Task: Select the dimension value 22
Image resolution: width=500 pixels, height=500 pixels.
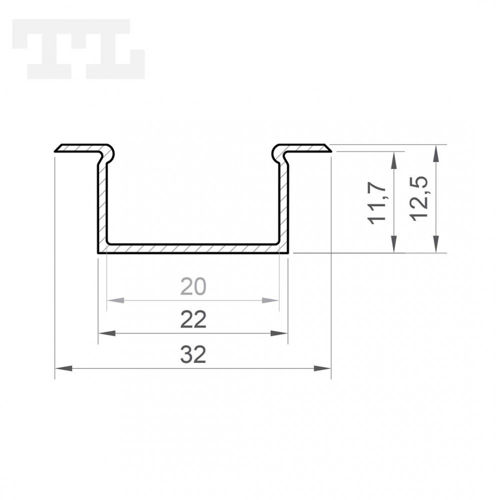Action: click(x=193, y=319)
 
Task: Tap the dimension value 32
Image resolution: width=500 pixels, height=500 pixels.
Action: click(x=193, y=355)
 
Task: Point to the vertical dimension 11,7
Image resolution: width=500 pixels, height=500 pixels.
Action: click(x=378, y=202)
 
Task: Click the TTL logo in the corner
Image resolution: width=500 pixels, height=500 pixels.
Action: click(x=79, y=49)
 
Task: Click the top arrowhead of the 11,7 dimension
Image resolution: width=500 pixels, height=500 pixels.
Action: click(x=395, y=158)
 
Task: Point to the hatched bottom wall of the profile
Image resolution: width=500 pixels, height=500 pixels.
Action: click(x=193, y=248)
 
